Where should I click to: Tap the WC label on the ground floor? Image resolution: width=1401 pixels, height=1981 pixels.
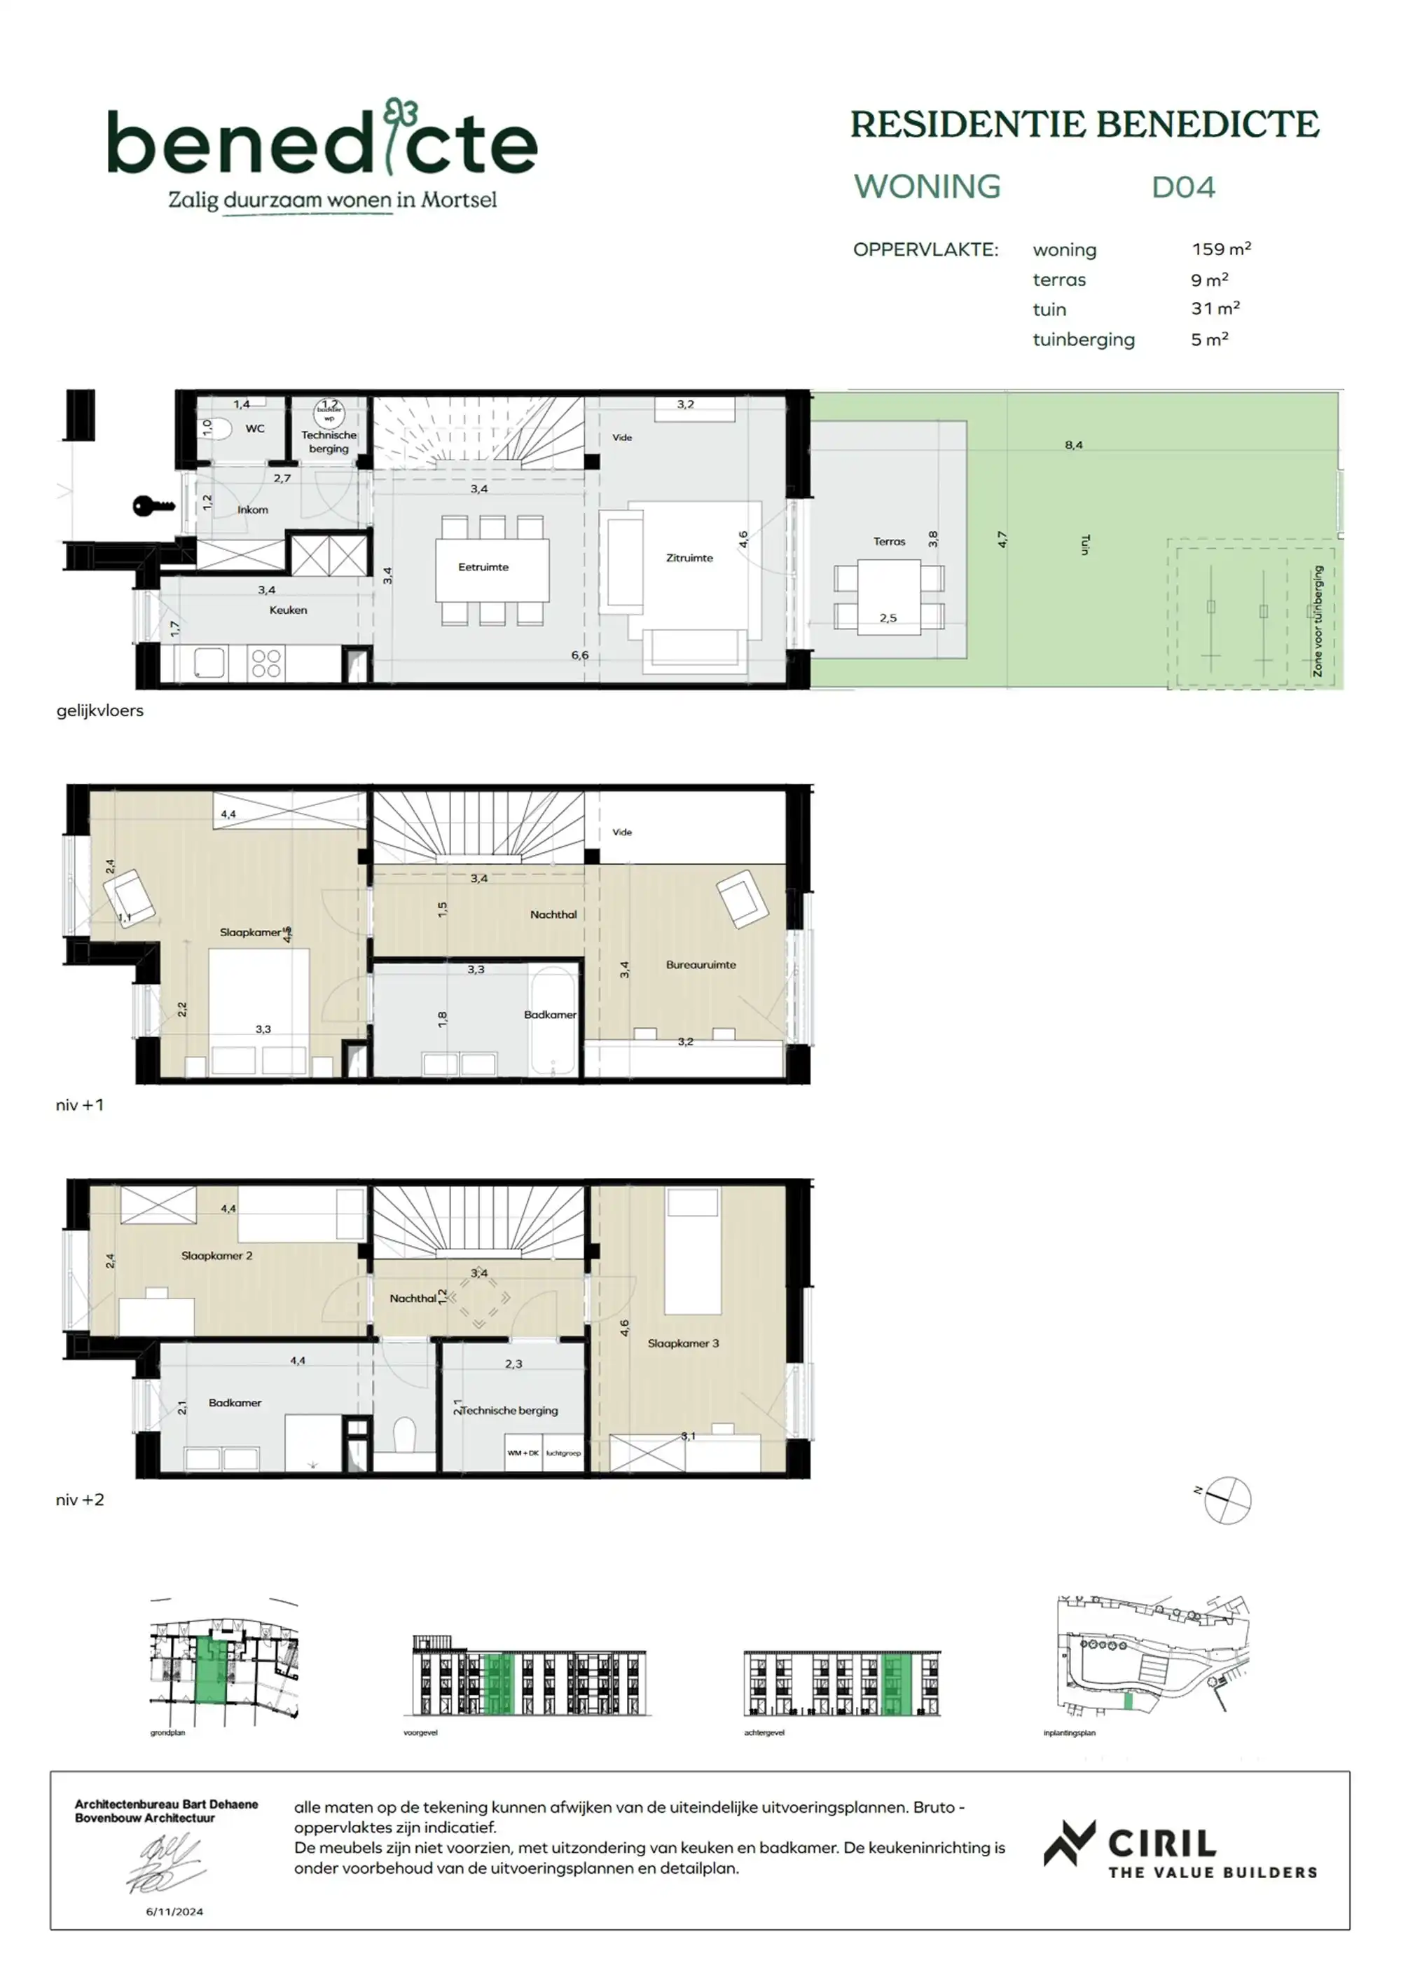pos(254,429)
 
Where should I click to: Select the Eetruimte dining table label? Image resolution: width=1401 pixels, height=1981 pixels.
pos(483,567)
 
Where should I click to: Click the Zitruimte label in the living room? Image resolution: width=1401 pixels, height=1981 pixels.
pos(689,558)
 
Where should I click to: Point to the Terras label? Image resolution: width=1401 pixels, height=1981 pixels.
pos(888,542)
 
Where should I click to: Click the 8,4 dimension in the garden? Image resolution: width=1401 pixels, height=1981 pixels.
pos(1073,445)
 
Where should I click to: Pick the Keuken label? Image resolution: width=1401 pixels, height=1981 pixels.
pos(288,610)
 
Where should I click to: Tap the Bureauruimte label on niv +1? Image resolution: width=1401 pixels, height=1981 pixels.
pos(700,965)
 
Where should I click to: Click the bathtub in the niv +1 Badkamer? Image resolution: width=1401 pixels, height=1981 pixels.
pos(553,1023)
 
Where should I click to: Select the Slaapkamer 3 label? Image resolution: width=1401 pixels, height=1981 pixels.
pos(683,1343)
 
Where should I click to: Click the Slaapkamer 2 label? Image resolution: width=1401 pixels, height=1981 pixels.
pos(216,1256)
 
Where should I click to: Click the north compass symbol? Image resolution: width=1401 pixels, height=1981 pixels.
pos(1227,1500)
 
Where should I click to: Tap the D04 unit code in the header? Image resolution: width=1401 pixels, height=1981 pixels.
pos(1182,187)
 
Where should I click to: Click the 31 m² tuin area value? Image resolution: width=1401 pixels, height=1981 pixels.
pos(1215,309)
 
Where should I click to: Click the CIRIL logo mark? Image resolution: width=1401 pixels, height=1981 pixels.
pos(1070,1843)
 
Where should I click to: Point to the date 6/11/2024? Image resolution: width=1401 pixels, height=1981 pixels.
pos(174,1911)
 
